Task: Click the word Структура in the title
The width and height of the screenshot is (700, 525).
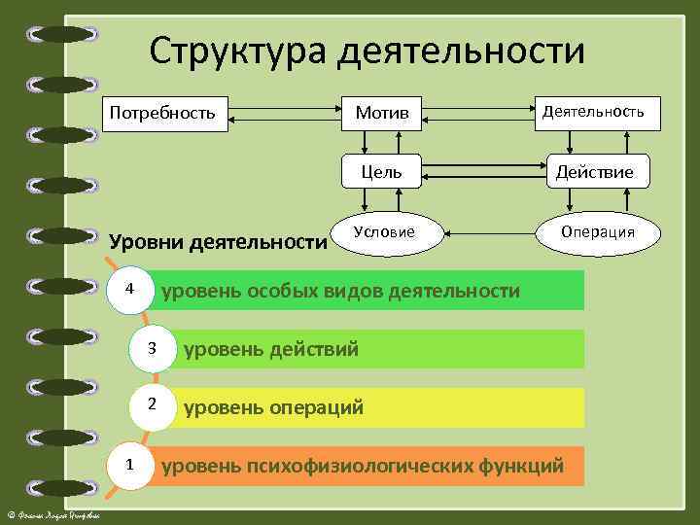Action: [239, 51]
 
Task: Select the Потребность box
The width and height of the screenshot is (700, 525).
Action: [165, 114]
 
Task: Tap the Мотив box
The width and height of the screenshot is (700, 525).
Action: [381, 115]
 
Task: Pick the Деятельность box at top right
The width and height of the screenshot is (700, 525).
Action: [592, 113]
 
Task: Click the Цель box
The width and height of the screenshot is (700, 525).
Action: [381, 173]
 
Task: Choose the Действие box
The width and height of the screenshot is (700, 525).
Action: [594, 173]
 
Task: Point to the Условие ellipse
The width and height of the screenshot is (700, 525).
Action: [384, 231]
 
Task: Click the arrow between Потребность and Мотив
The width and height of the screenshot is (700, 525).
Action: [285, 115]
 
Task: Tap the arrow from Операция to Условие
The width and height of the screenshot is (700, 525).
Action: [491, 232]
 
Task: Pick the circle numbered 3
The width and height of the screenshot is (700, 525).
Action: [152, 349]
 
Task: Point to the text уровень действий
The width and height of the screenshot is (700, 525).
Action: [271, 349]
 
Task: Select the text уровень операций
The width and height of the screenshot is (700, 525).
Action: [274, 407]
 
